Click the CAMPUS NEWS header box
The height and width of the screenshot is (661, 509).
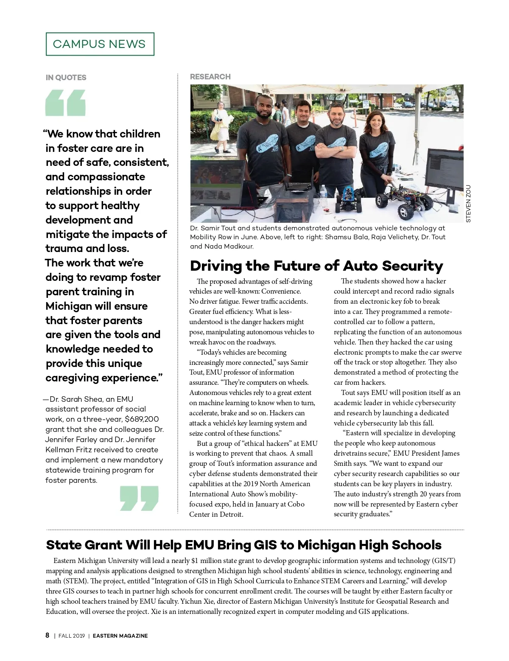(x=100, y=44)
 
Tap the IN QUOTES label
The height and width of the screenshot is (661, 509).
(x=66, y=78)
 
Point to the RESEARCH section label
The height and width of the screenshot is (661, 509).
(x=210, y=77)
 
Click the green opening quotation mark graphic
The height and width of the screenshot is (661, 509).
(x=65, y=103)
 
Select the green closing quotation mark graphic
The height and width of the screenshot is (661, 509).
(x=139, y=498)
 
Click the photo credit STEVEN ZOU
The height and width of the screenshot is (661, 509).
(x=468, y=204)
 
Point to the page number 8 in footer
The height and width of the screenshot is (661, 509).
(x=48, y=635)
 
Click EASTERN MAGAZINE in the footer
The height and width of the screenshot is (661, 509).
(x=120, y=636)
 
